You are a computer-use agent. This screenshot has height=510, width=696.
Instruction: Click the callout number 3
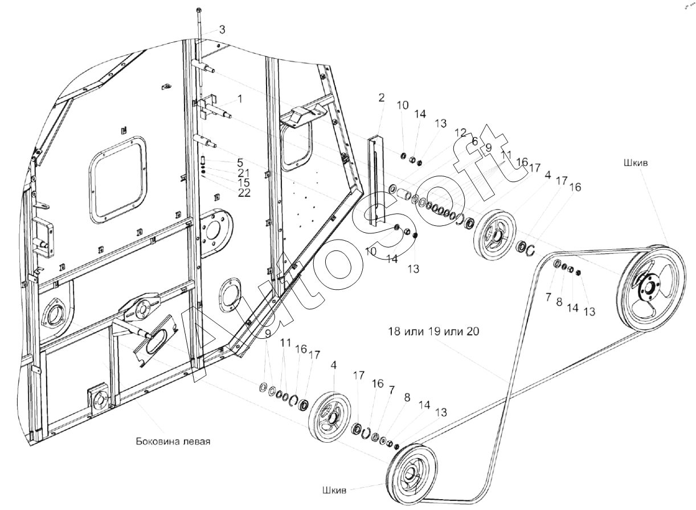pyautogui.click(x=222, y=30)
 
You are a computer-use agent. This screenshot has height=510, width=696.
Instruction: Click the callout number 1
pyautogui.click(x=240, y=99)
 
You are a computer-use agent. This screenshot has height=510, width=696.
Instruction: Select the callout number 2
pyautogui.click(x=381, y=98)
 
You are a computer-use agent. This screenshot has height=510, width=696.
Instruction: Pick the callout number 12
pyautogui.click(x=460, y=133)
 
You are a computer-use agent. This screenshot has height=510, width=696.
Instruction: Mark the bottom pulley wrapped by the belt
pyautogui.click(x=411, y=474)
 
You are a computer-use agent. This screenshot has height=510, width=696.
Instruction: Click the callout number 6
pyautogui.click(x=474, y=141)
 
